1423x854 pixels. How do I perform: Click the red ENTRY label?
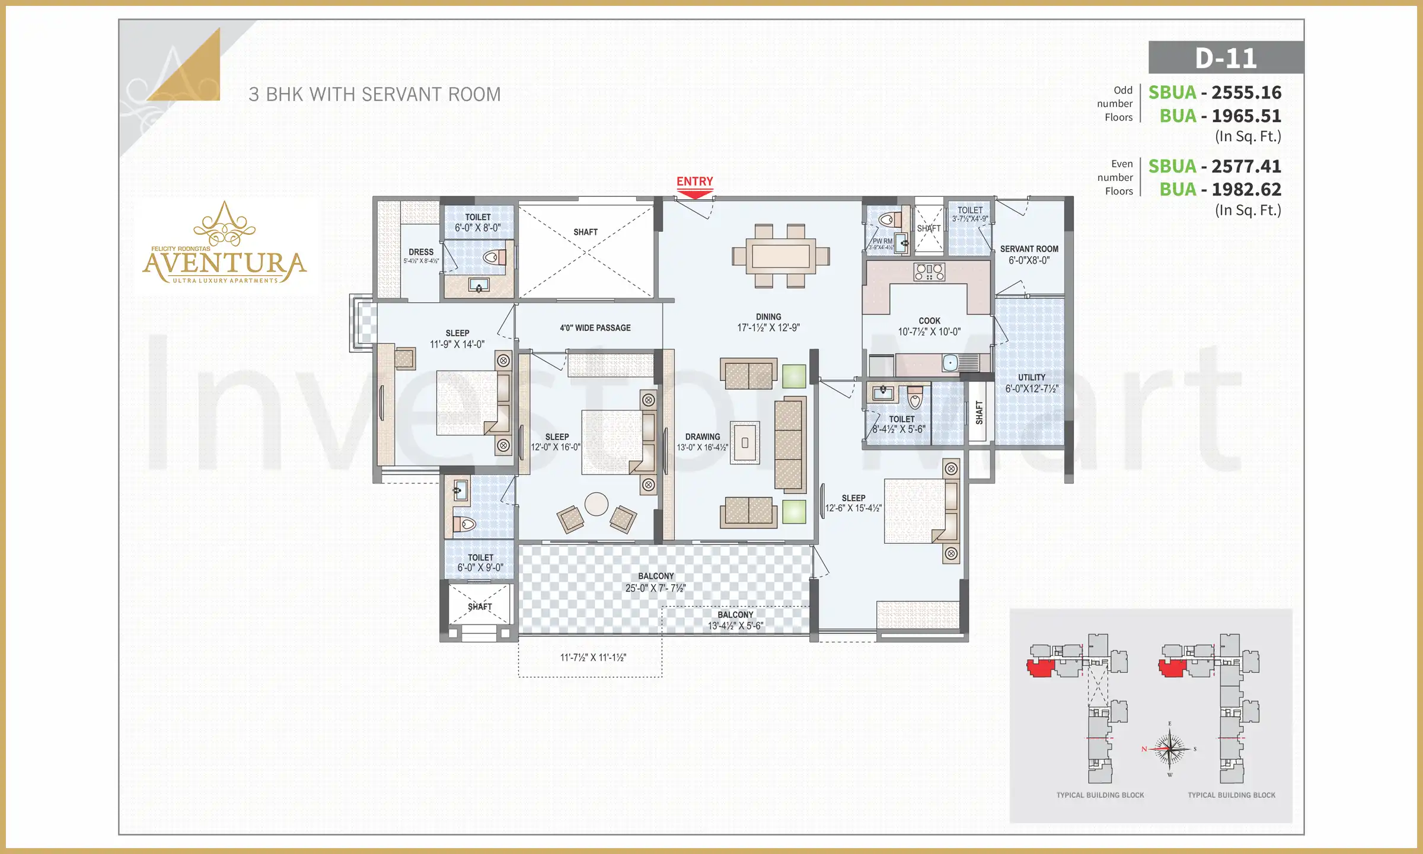694,181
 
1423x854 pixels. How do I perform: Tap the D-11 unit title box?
1226,58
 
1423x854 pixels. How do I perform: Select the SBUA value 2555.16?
1246,93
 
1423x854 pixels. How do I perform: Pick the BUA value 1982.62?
1246,189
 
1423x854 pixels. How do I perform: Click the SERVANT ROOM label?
1029,254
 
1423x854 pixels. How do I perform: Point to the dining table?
780,256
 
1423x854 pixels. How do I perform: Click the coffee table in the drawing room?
745,442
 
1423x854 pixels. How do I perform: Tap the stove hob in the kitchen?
929,272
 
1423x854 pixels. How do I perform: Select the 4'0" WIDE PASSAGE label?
595,328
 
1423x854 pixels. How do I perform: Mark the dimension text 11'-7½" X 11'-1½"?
593,657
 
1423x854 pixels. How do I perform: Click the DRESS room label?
421,253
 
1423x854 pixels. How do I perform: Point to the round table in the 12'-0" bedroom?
596,504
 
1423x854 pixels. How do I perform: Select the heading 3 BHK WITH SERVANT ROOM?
374,94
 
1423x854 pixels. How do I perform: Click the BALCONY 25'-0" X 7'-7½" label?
655,582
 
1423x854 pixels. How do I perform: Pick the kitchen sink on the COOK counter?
950,362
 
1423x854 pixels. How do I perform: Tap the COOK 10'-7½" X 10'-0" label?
929,326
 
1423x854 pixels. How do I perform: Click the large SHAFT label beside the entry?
585,232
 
